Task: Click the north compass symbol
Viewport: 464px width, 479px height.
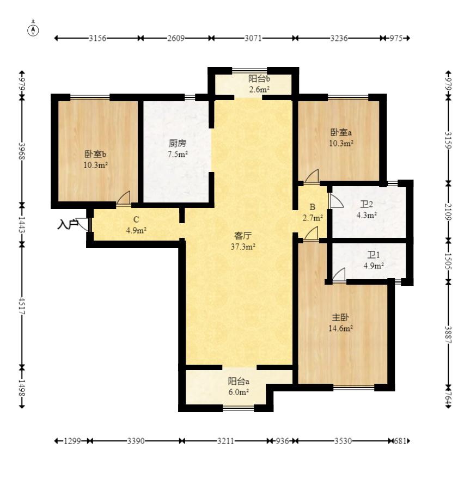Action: pos(33,30)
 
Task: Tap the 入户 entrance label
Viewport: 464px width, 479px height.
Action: pos(67,224)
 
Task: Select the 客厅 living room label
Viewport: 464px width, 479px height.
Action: pos(243,236)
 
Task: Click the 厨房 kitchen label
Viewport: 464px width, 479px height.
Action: pos(178,143)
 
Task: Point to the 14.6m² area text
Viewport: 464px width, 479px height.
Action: pos(340,328)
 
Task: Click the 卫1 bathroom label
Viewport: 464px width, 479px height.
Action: pos(374,255)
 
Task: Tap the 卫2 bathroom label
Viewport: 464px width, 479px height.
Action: pos(367,204)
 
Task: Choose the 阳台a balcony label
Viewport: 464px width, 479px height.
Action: pos(239,381)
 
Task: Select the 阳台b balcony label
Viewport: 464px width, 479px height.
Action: pos(259,79)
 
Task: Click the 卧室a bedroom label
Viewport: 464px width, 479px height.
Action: pos(341,133)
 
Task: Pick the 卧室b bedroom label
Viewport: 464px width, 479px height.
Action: pos(95,154)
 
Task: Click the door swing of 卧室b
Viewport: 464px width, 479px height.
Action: pos(124,198)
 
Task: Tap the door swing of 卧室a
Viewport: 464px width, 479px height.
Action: pos(312,176)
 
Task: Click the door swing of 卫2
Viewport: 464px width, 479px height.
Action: pos(336,201)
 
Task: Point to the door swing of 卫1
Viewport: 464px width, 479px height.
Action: pos(339,275)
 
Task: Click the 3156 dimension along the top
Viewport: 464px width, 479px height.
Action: pos(97,38)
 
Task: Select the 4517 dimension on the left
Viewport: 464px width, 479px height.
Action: pos(22,305)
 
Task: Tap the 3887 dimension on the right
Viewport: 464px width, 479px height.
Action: pos(448,335)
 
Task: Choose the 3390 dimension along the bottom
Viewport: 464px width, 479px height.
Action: pos(136,441)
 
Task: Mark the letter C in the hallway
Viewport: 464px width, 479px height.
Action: pos(136,219)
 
